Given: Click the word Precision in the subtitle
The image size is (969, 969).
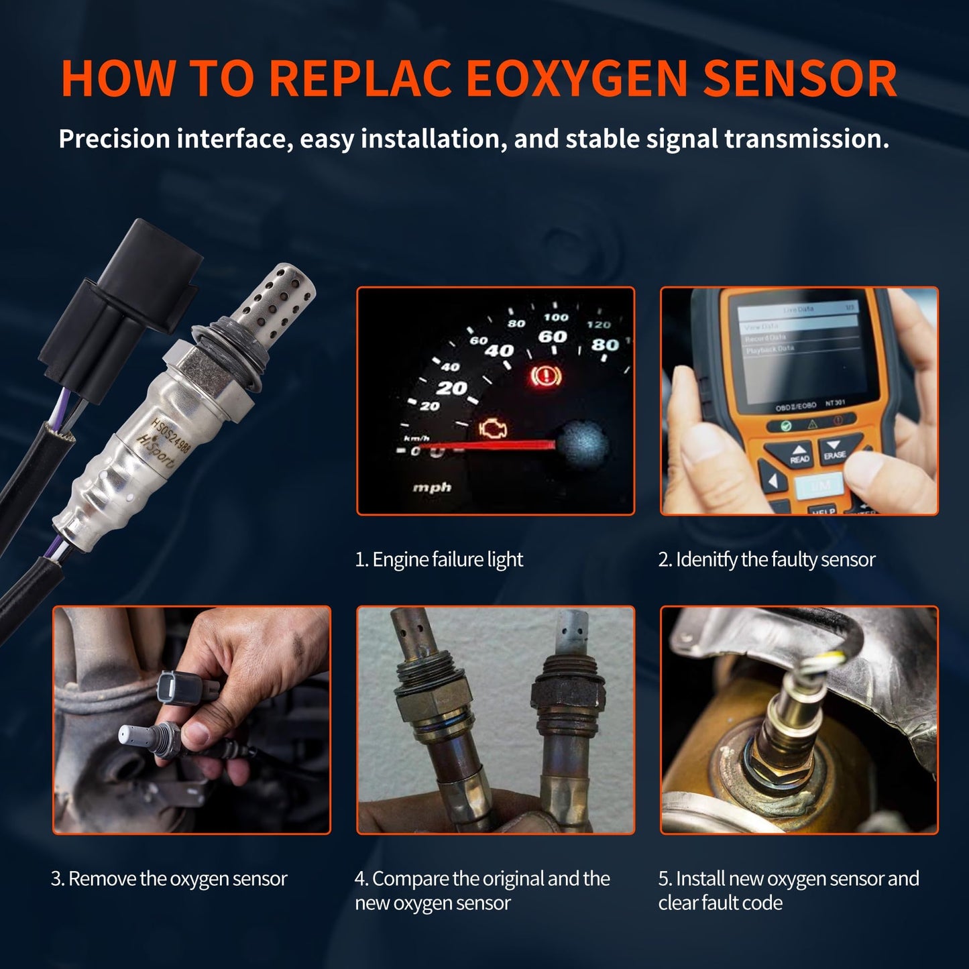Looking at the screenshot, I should (x=114, y=139).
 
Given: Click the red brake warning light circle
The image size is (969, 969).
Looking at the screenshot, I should (x=541, y=377).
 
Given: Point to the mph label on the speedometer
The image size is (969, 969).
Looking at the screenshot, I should (x=431, y=487).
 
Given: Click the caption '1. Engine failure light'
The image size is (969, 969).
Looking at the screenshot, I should (x=439, y=559).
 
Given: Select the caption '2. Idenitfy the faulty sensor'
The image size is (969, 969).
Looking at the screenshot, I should (x=766, y=559).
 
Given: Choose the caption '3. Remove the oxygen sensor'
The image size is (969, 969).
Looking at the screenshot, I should (x=169, y=878).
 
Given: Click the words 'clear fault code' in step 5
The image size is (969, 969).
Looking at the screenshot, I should (x=720, y=903).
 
